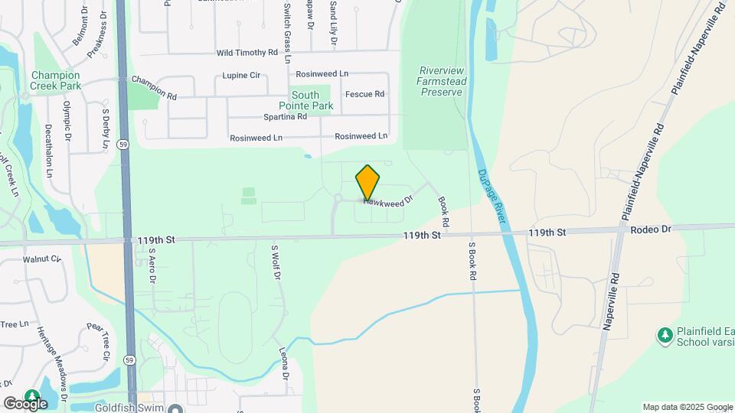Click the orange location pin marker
367,183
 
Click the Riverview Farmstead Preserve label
440,81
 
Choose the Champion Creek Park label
55,80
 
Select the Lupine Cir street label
241,76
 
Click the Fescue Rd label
364,94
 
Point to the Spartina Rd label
285,117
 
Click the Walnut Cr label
41,259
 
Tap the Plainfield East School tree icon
665,335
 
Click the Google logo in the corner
25,403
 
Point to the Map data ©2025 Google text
686,407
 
